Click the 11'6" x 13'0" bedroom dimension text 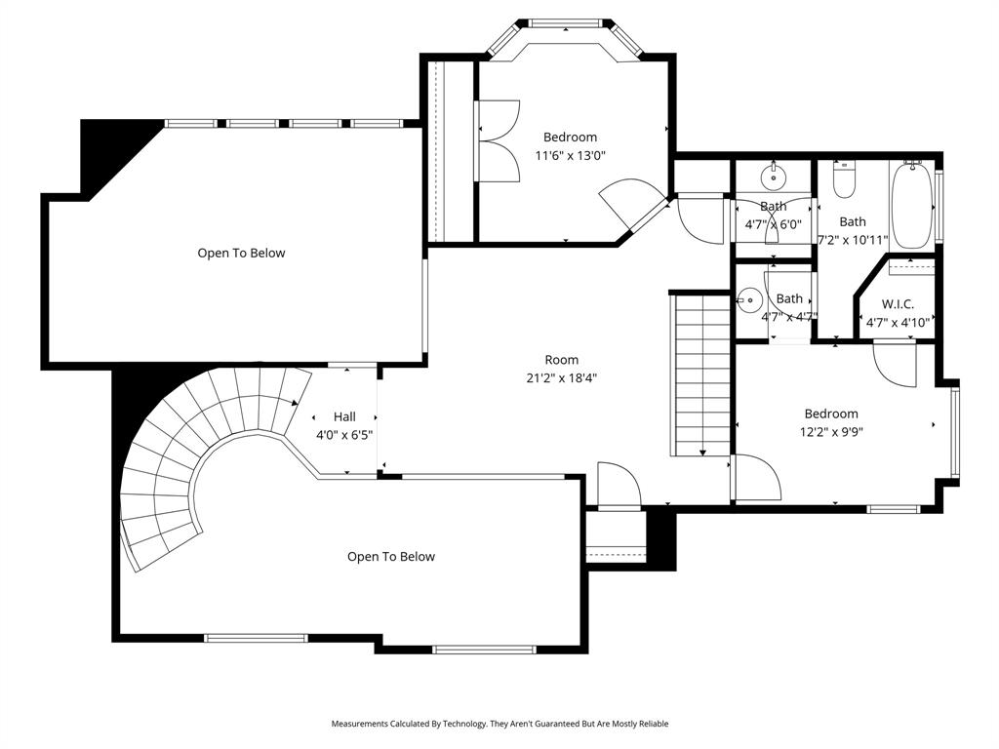(x=570, y=155)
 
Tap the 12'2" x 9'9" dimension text (x=831, y=432)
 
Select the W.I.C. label (x=898, y=304)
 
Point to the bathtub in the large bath (x=912, y=206)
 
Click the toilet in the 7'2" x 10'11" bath (x=844, y=180)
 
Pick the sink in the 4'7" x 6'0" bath (x=774, y=176)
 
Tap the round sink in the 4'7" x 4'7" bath (x=750, y=298)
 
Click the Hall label (x=344, y=416)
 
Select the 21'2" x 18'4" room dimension (x=561, y=377)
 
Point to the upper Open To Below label (x=241, y=253)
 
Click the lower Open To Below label (x=391, y=557)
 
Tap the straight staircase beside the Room (x=700, y=374)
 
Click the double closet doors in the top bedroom (x=499, y=141)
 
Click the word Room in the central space (x=561, y=360)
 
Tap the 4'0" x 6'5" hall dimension (x=344, y=435)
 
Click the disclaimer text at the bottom (x=499, y=724)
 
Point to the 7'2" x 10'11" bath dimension (x=852, y=239)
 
